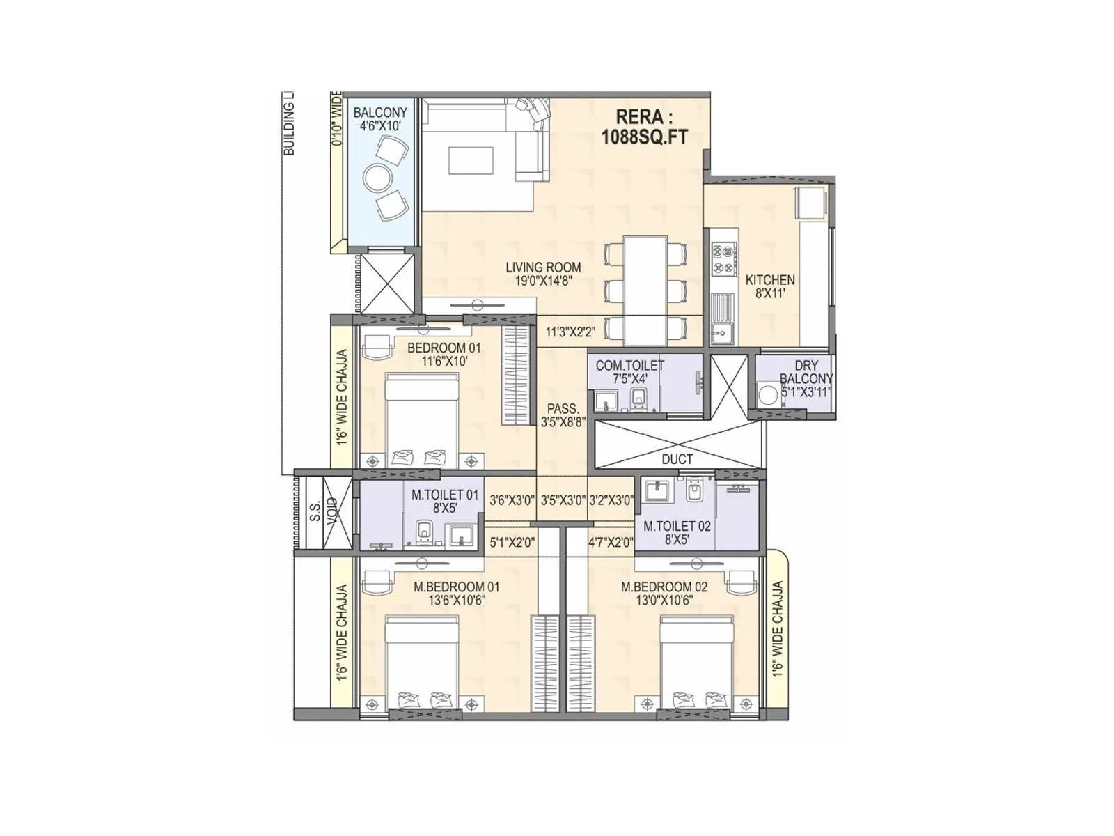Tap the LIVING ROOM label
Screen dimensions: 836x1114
[x=543, y=274]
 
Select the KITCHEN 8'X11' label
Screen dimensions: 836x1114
[x=770, y=286]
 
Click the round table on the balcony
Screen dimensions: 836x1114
[x=378, y=178]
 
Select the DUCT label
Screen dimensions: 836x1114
[x=677, y=459]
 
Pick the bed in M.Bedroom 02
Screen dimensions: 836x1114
[x=696, y=662]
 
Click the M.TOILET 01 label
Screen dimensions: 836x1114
[x=445, y=501]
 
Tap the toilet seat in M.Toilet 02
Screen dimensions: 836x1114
[x=693, y=492]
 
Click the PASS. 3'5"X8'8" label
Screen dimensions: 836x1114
[x=563, y=415]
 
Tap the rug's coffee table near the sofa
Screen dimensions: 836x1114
[x=471, y=160]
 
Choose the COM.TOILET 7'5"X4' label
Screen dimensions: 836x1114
[x=629, y=372]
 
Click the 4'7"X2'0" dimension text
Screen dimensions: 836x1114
[x=611, y=543]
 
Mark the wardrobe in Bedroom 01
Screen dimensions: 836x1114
[x=515, y=374]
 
